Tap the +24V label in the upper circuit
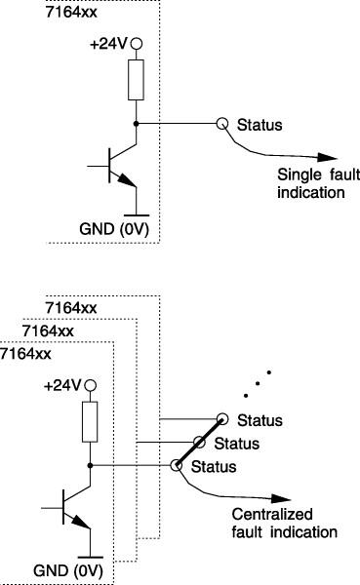tap(108, 44)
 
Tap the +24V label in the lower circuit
tap(61, 385)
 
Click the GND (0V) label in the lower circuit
tap(64, 569)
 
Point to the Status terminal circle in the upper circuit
tap(222, 124)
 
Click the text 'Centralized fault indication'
tap(283, 524)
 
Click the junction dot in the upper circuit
tap(137, 124)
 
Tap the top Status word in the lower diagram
tap(260, 421)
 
